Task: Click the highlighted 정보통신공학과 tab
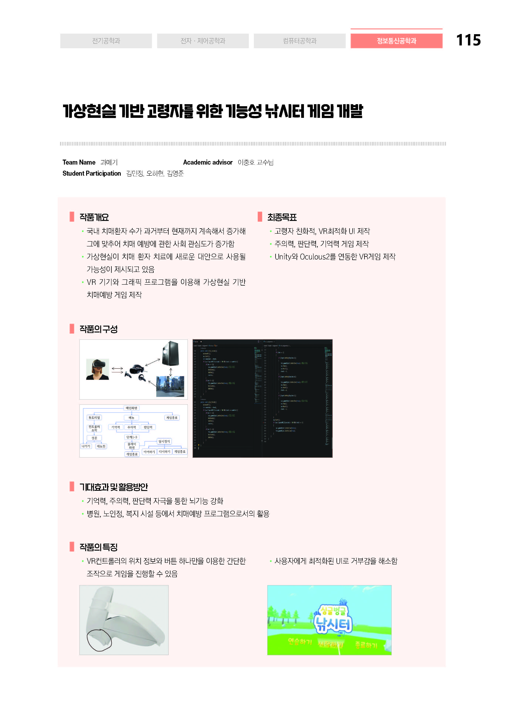coord(396,41)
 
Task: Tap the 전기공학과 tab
coord(106,41)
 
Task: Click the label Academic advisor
coord(208,162)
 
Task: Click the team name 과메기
coord(109,162)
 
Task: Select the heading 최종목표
coord(282,217)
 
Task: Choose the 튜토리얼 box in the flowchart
coord(94,418)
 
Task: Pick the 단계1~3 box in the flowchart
coord(132,437)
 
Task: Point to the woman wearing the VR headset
coord(98,369)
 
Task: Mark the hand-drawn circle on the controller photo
coord(99,640)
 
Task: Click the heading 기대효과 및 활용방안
coord(114,487)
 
